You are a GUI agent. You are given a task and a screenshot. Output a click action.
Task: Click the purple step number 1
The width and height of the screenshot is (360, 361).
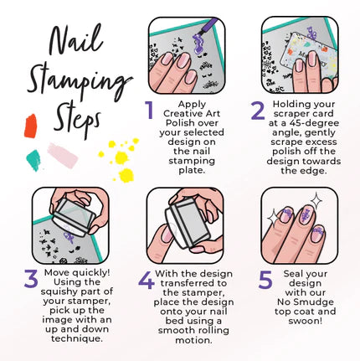point(150,110)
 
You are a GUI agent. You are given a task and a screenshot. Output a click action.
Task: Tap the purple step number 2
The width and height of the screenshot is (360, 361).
point(258,111)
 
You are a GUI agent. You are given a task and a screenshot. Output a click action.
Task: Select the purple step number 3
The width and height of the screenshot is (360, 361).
point(31,279)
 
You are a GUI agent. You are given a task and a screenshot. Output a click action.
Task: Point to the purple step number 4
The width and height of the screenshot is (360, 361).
point(147,280)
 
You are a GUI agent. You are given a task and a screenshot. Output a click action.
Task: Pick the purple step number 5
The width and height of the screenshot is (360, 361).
point(265,280)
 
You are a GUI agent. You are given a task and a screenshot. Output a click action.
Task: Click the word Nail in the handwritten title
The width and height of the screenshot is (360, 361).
point(75,40)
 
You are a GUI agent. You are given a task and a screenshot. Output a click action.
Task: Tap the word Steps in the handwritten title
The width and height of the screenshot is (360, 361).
point(77,121)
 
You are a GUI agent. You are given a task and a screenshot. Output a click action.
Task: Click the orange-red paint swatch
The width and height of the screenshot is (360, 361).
point(30,126)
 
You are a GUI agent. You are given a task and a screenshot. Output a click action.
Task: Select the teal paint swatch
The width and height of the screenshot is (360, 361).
point(33,160)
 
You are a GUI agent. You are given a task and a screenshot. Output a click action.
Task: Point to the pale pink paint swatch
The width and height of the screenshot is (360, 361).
point(63,155)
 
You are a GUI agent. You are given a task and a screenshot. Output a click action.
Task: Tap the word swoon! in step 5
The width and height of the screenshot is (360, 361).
point(305,321)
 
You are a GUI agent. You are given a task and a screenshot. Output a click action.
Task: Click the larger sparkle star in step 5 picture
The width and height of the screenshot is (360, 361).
point(316,201)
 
